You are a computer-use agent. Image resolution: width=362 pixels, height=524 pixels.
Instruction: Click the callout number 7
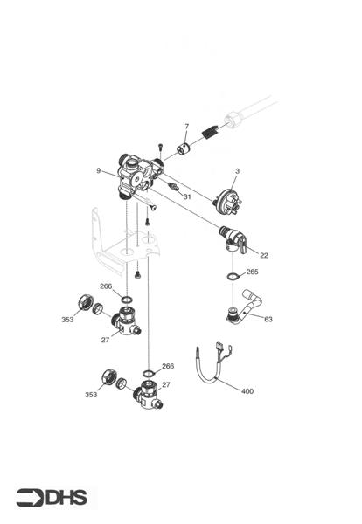pyautogui.click(x=185, y=128)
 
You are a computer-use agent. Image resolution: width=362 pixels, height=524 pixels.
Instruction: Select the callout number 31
pyautogui.click(x=186, y=197)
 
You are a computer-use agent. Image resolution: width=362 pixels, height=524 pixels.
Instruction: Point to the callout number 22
pyautogui.click(x=264, y=255)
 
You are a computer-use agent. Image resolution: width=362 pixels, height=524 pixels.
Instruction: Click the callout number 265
pyautogui.click(x=252, y=272)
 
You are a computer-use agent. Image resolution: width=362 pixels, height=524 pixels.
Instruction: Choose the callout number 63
pyautogui.click(x=268, y=320)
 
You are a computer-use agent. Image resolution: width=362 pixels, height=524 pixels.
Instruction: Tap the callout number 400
pyautogui.click(x=247, y=391)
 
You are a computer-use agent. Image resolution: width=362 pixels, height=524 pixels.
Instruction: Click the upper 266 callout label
pyautogui.click(x=106, y=286)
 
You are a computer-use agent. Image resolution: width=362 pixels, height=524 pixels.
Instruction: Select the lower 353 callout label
pyautogui.click(x=92, y=396)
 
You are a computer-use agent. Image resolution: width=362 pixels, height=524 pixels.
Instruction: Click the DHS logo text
pyautogui.click(x=66, y=498)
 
